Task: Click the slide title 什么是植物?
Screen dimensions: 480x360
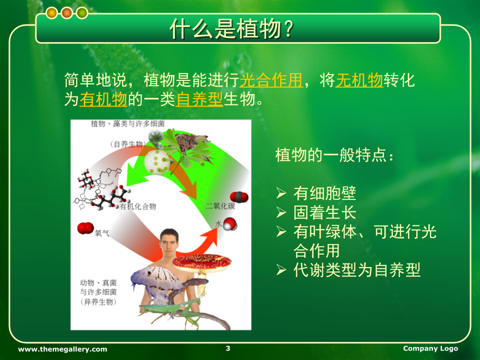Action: pyautogui.click(x=232, y=29)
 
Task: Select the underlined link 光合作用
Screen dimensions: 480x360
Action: pyautogui.click(x=271, y=80)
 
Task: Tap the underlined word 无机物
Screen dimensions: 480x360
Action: pyautogui.click(x=359, y=80)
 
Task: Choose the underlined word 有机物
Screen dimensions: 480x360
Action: pyautogui.click(x=103, y=99)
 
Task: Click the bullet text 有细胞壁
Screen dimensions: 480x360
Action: pyautogui.click(x=325, y=193)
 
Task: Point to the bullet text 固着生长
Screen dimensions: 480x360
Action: pyautogui.click(x=325, y=212)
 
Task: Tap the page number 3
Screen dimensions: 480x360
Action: pyautogui.click(x=228, y=348)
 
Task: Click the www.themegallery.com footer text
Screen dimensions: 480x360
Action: pyautogui.click(x=63, y=349)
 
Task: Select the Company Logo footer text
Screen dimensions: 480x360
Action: pyautogui.click(x=430, y=349)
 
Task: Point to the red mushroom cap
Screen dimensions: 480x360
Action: pyautogui.click(x=202, y=262)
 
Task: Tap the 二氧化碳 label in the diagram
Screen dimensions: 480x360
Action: pyautogui.click(x=220, y=206)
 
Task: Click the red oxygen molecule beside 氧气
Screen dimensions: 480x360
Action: pyautogui.click(x=86, y=228)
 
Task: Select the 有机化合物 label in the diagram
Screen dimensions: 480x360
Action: pyautogui.click(x=138, y=206)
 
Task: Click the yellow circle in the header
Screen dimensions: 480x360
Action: pyautogui.click(x=52, y=13)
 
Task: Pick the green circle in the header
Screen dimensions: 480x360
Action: pyautogui.click(x=82, y=13)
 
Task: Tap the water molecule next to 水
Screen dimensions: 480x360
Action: pyautogui.click(x=230, y=224)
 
